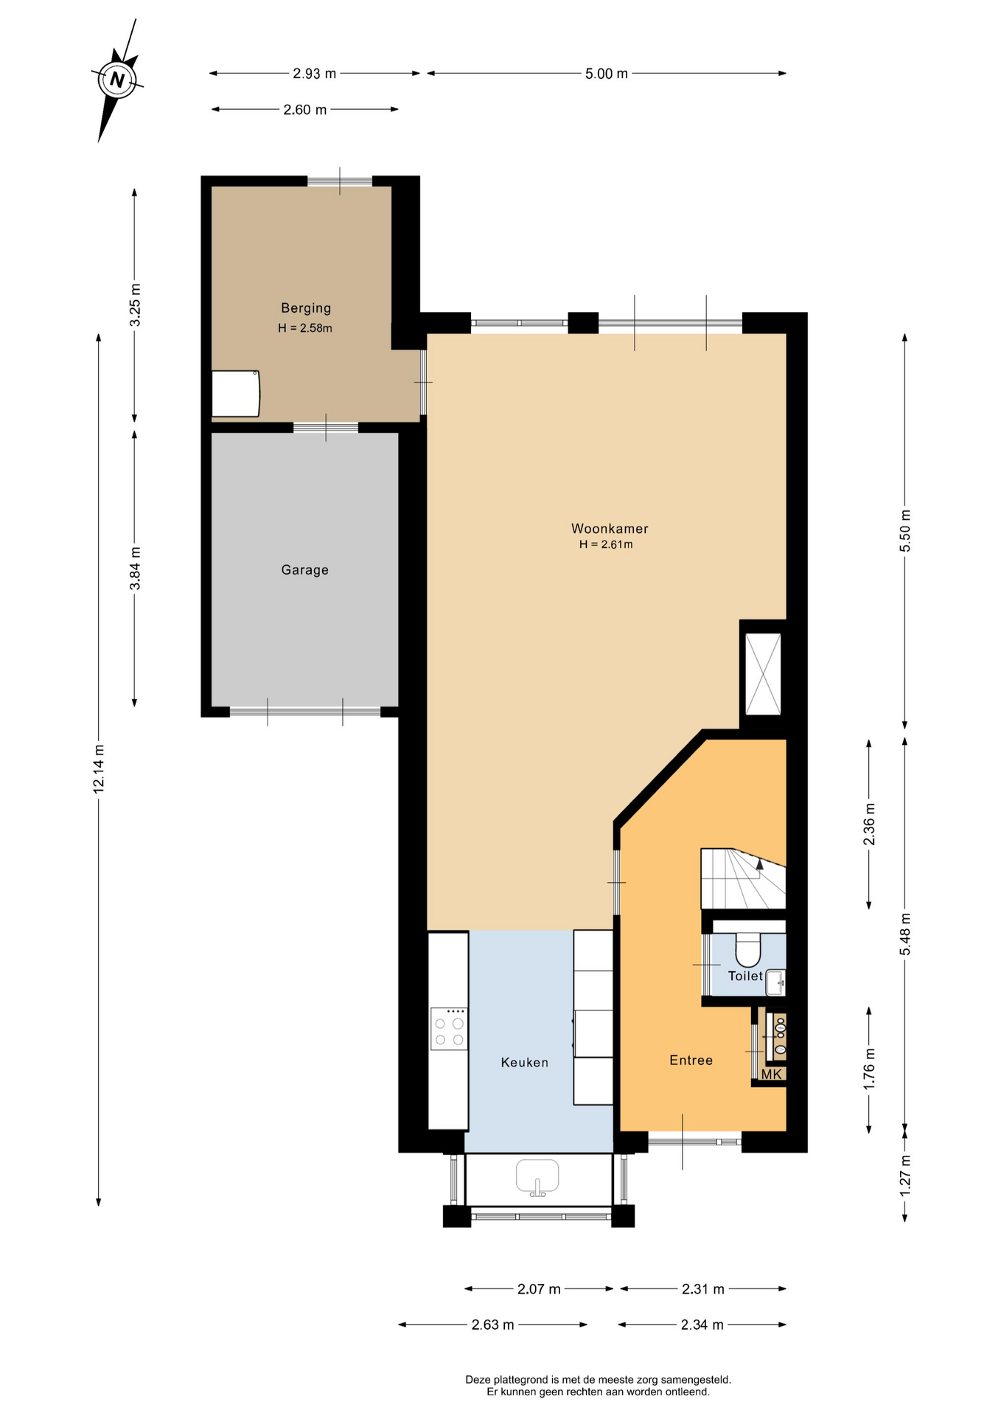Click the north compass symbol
pyautogui.click(x=116, y=79)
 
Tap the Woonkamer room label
pyautogui.click(x=610, y=529)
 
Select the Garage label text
pyautogui.click(x=304, y=570)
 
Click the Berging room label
pyautogui.click(x=306, y=308)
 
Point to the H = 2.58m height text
pyautogui.click(x=305, y=328)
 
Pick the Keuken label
pyautogui.click(x=525, y=1063)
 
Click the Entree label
pyautogui.click(x=691, y=1061)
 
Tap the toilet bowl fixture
pyautogui.click(x=748, y=950)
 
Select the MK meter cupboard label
pyautogui.click(x=771, y=1075)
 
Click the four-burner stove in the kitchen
pyautogui.click(x=449, y=1029)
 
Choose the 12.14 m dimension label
pyautogui.click(x=99, y=769)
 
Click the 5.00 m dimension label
pyautogui.click(x=607, y=74)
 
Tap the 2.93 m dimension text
pyautogui.click(x=314, y=74)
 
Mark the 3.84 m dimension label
pyautogui.click(x=135, y=569)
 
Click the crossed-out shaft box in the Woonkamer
pyautogui.click(x=763, y=674)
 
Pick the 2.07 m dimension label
pyautogui.click(x=539, y=1289)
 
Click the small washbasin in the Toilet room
pyautogui.click(x=775, y=982)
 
